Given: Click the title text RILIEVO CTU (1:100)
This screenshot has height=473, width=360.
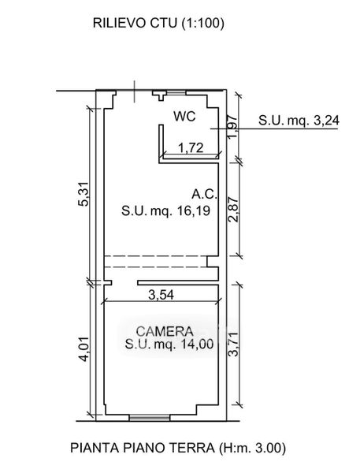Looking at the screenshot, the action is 158,23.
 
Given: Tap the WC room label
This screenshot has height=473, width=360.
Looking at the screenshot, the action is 184,117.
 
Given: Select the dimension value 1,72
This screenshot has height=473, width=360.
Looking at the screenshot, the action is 191,148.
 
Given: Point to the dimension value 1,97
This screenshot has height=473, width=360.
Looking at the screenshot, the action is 233,126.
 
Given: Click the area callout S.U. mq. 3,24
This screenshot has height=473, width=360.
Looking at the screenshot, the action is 299,121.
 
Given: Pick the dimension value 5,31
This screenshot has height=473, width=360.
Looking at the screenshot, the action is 84,194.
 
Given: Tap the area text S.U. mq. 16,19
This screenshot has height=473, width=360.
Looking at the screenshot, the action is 166,210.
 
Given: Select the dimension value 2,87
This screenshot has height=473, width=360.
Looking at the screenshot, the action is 233,210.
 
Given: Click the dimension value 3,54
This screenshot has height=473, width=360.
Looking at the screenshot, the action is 161,295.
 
